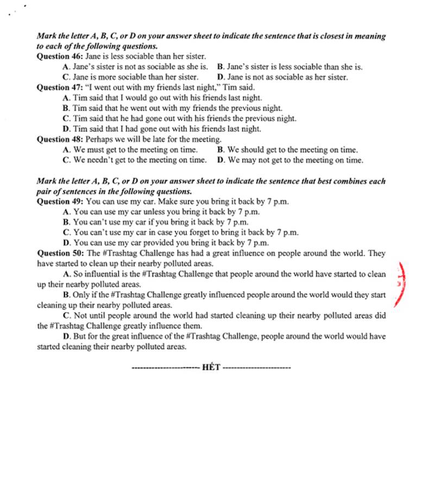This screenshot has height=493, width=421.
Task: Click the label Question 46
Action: tap(60, 56)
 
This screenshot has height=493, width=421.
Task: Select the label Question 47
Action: tap(60, 87)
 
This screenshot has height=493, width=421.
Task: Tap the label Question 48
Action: tap(60, 139)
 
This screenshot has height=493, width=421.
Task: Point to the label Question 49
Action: tap(60, 201)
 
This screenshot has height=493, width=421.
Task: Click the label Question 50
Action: tap(60, 253)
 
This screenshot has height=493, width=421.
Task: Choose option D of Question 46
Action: tap(282, 77)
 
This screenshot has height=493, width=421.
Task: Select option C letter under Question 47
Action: tap(66, 118)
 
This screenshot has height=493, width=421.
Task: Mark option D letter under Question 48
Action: tap(220, 160)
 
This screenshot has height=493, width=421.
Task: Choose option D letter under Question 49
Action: tap(66, 243)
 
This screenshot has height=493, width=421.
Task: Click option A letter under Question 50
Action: tap(66, 274)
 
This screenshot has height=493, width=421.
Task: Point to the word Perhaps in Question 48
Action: tap(99, 139)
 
